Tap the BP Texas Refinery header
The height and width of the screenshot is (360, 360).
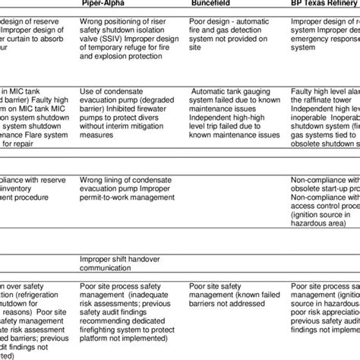[x=324, y=4]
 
